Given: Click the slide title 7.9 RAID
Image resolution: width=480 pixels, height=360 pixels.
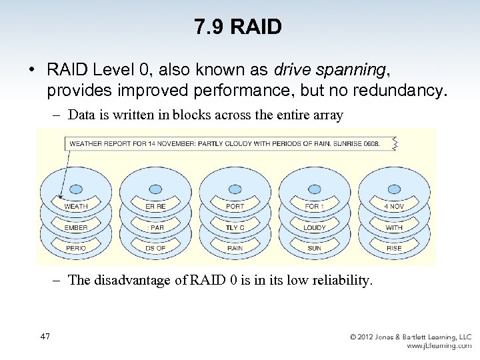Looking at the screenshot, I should (239, 27).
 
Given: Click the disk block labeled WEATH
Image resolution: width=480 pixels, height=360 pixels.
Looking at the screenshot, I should (76, 206).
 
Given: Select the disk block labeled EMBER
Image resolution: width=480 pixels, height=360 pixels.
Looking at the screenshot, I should (76, 227).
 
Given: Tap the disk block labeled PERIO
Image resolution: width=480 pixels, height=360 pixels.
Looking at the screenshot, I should (76, 248).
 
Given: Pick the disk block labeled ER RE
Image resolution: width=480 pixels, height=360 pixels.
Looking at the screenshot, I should (155, 206).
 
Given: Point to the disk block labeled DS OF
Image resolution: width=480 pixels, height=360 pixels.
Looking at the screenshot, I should (155, 248).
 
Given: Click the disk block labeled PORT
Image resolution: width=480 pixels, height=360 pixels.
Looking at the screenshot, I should (235, 206).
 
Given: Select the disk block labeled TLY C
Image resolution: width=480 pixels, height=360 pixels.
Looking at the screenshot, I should (235, 227).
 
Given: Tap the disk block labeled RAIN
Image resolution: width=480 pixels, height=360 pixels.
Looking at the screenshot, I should (235, 248).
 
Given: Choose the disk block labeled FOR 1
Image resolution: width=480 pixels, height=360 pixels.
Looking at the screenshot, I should (314, 206).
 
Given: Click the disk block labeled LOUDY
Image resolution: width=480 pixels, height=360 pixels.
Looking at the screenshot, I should (314, 227).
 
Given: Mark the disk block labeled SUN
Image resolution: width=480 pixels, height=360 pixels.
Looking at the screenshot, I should (314, 248).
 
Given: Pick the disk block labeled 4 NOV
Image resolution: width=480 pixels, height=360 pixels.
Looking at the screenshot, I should (394, 206).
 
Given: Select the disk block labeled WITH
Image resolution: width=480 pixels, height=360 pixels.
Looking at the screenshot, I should (394, 227).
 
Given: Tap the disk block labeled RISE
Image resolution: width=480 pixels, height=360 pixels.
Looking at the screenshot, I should (394, 248).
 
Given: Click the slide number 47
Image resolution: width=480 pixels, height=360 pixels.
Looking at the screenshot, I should (45, 337).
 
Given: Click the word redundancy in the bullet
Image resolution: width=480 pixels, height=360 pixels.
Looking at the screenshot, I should (395, 90).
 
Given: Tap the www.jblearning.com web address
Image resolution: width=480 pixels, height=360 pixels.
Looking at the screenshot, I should (439, 346).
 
